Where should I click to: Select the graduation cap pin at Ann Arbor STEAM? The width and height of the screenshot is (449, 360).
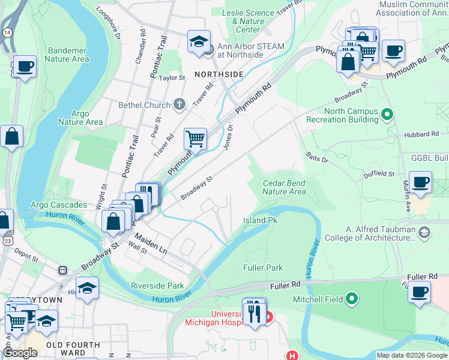(199, 42)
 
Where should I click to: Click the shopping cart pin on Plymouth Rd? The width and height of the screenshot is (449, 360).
(195, 140)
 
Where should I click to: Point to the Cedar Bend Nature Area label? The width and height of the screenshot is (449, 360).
(284, 187)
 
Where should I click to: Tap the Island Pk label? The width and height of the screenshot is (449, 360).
(259, 220)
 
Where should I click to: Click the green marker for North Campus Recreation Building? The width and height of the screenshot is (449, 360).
(387, 114)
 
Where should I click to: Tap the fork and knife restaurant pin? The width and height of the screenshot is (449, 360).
(255, 312)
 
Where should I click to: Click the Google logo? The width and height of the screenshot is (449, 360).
(20, 353)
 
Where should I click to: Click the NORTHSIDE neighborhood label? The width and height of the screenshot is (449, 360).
(218, 74)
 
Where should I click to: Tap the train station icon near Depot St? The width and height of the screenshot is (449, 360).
(62, 270)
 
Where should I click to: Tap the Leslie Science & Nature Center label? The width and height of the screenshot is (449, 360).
(249, 20)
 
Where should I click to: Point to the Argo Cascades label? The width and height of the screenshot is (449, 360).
(59, 205)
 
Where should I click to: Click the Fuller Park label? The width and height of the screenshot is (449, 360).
(262, 267)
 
